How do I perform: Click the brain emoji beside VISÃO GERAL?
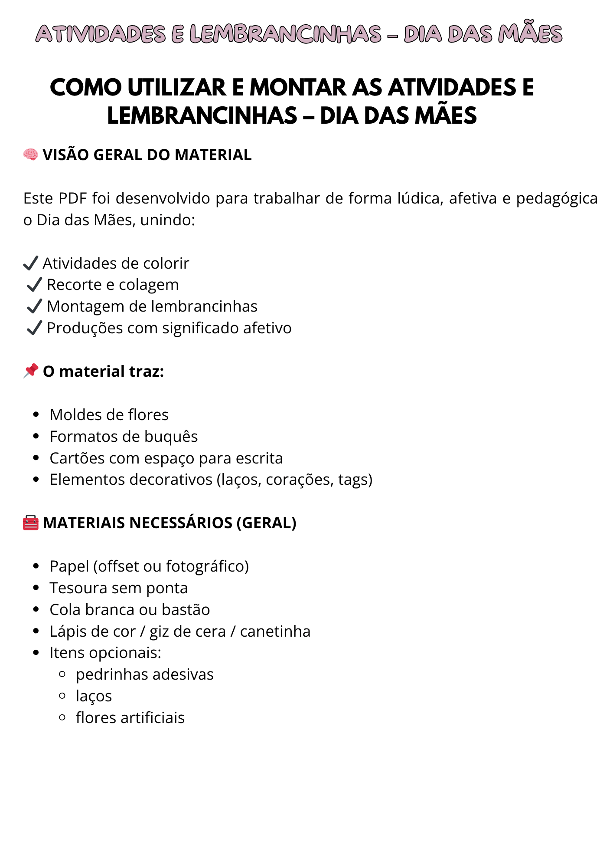point(31,155)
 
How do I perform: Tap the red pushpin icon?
point(31,371)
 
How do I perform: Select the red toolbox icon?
point(31,523)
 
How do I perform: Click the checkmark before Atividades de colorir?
point(31,263)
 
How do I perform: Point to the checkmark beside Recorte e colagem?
point(34,285)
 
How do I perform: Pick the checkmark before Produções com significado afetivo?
point(34,328)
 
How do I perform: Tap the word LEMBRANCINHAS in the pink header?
point(285,35)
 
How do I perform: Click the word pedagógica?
point(557,199)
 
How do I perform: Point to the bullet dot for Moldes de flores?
point(36,414)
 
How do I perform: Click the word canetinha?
point(275,631)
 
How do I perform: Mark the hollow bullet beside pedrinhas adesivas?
point(62,674)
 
